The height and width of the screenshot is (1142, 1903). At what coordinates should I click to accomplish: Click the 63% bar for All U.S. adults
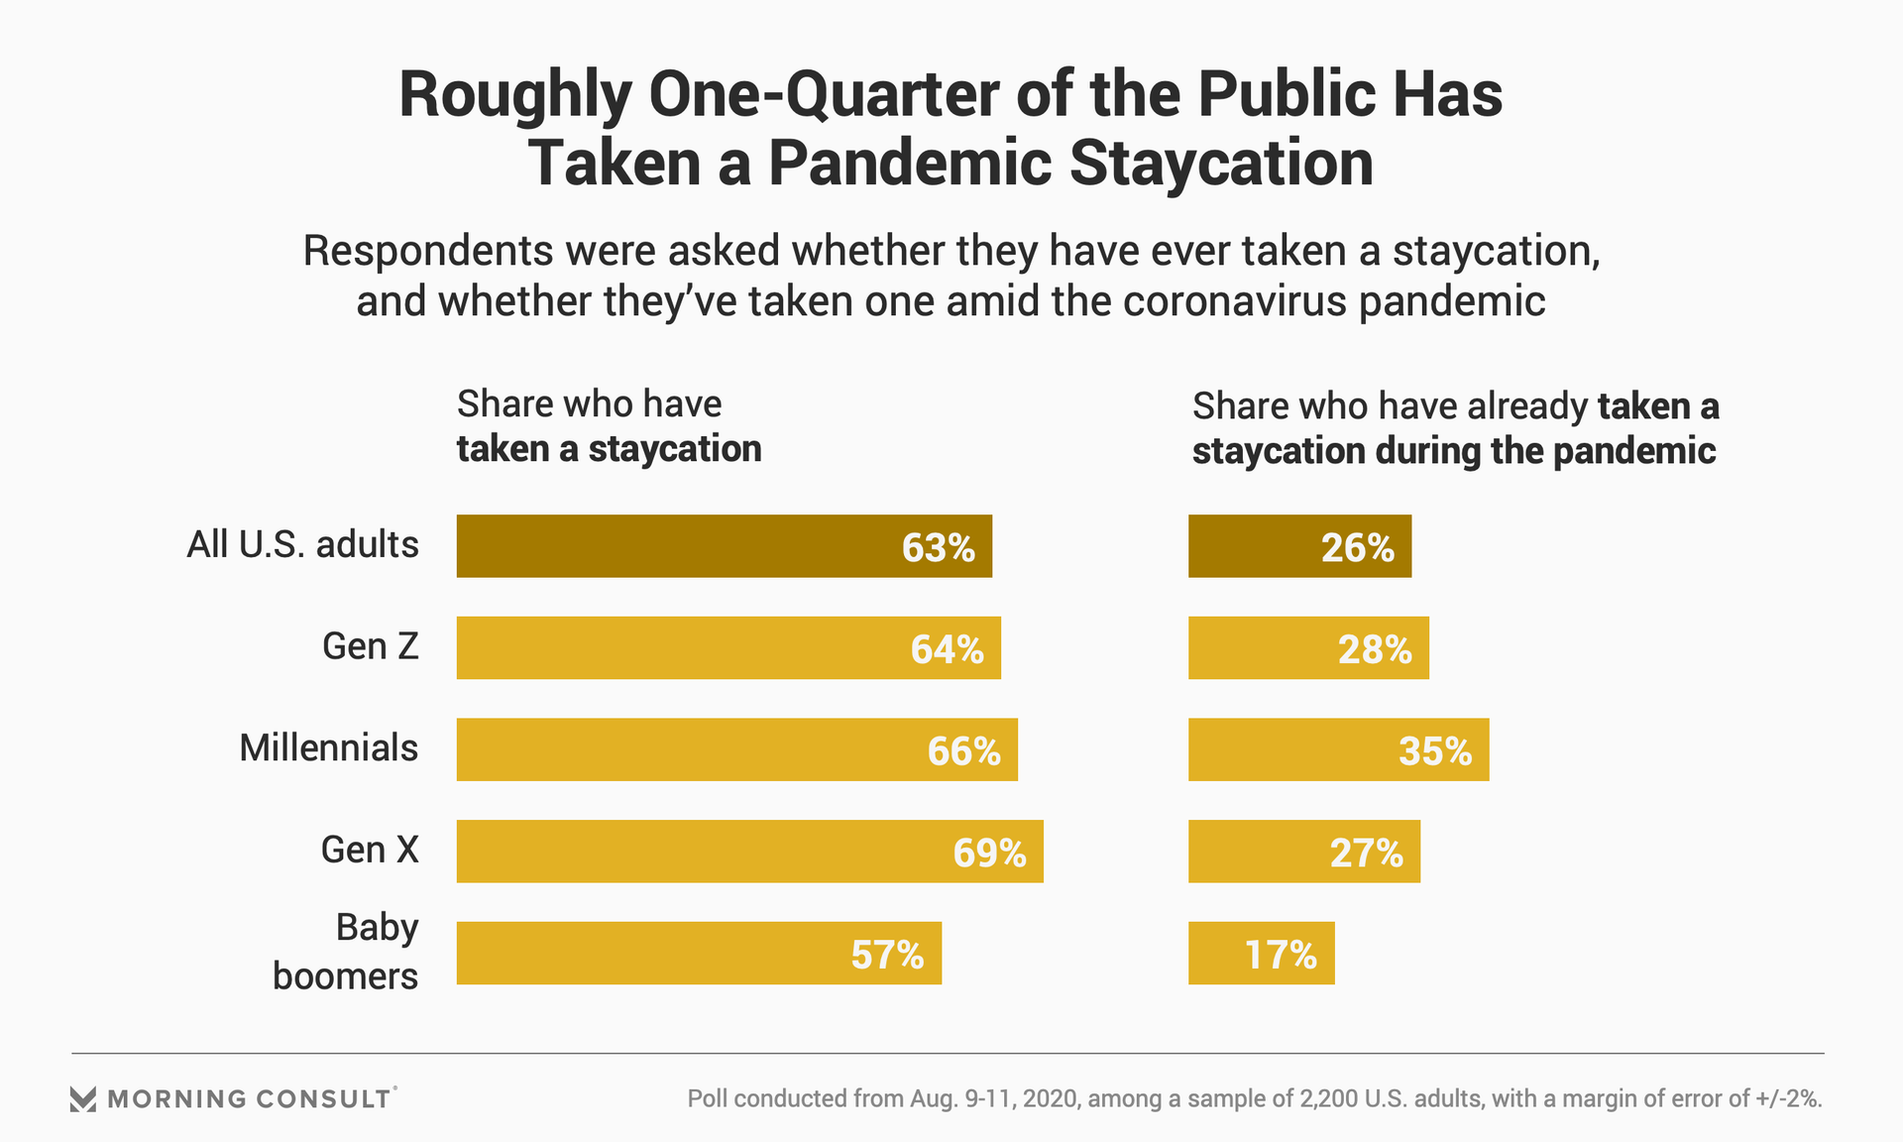click(724, 546)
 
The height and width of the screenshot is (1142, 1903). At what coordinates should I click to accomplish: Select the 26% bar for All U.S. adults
click(1299, 546)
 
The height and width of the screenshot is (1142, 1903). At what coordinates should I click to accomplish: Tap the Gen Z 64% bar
click(728, 648)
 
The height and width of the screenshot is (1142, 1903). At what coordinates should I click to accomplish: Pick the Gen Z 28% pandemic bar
click(1308, 648)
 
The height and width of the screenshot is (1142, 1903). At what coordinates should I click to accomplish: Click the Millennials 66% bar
click(736, 749)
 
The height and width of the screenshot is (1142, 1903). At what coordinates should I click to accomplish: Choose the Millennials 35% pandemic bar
click(1338, 749)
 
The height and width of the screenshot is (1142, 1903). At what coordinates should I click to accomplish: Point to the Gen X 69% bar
click(749, 852)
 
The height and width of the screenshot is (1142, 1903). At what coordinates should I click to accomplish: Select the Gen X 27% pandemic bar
click(1304, 852)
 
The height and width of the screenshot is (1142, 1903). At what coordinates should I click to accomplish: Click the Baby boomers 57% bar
click(699, 953)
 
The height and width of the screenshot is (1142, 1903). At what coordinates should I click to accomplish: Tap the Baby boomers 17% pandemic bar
click(1261, 953)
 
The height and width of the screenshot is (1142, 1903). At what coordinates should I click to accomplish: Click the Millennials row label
click(328, 748)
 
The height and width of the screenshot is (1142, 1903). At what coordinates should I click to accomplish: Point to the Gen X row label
click(370, 851)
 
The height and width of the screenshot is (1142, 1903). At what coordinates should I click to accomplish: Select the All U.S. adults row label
click(302, 545)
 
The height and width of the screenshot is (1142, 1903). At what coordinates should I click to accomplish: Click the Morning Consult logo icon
click(83, 1098)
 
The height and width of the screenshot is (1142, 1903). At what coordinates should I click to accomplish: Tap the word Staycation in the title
click(1221, 163)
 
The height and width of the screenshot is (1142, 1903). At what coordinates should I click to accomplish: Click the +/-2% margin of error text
click(1788, 1098)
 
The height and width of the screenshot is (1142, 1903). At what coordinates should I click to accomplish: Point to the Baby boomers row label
click(345, 952)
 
